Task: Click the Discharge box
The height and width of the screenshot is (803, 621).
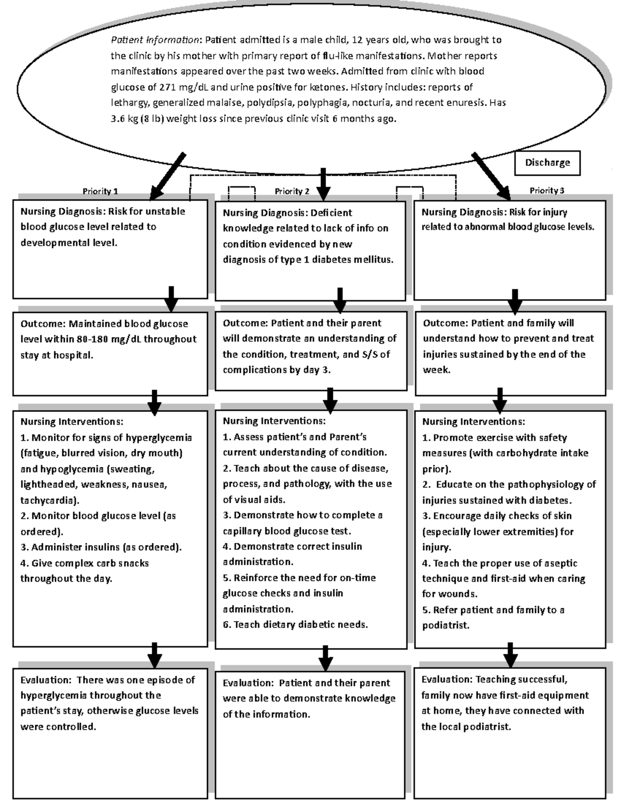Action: pos(548,163)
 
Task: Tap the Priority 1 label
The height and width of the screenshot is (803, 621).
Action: pos(100,191)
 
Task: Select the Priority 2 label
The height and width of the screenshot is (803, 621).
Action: pos(292,191)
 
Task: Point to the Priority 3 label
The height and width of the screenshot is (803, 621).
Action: pos(546,191)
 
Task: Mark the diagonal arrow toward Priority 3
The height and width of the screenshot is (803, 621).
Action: pos(491,176)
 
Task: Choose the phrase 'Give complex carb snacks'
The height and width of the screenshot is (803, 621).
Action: pos(84,563)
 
